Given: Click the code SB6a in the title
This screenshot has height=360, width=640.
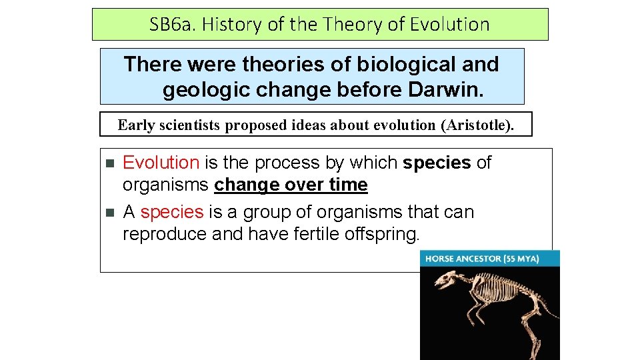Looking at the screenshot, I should [169, 25].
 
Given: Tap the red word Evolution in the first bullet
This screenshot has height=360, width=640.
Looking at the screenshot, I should [161, 163].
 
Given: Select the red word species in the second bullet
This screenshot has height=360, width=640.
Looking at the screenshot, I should [171, 212].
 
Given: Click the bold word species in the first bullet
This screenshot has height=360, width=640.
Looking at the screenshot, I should [437, 163].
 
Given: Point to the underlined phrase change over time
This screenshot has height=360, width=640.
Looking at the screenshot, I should [291, 185].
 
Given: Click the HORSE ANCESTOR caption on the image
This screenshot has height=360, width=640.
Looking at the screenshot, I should [463, 259].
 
